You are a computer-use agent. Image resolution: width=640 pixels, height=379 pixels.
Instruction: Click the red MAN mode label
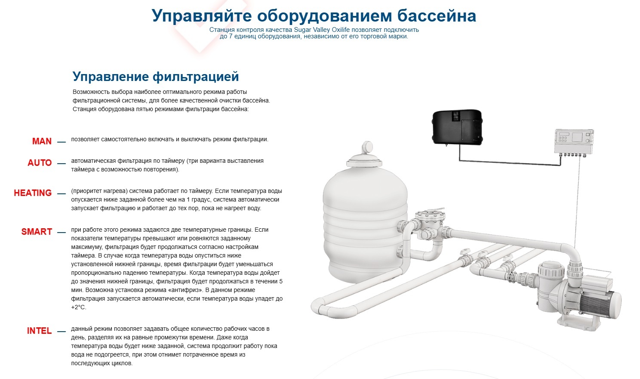[x=42, y=141]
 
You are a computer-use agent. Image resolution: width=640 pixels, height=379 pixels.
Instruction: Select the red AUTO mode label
[x=40, y=163]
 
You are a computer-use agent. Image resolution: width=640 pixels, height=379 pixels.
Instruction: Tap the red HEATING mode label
[x=33, y=193]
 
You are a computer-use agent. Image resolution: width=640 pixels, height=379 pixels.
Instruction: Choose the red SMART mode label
[x=37, y=232]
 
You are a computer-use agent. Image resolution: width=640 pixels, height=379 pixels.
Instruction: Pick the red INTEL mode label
[x=39, y=331]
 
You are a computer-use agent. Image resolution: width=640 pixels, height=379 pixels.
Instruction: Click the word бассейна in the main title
[x=437, y=16]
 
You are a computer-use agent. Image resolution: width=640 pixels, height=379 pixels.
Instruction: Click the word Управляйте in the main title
[x=202, y=16]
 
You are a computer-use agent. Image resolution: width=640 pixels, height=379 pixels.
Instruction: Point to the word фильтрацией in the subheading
[x=196, y=77]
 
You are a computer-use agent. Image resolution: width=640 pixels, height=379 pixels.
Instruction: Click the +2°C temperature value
[x=79, y=307]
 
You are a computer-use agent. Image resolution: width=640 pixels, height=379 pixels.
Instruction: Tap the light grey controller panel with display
[x=574, y=142]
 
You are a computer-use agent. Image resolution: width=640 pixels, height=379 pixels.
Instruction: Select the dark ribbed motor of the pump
[x=596, y=305]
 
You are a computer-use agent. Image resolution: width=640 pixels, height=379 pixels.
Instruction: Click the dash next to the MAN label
[x=62, y=142]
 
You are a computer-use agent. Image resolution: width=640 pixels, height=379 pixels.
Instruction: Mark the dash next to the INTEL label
[x=62, y=332]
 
